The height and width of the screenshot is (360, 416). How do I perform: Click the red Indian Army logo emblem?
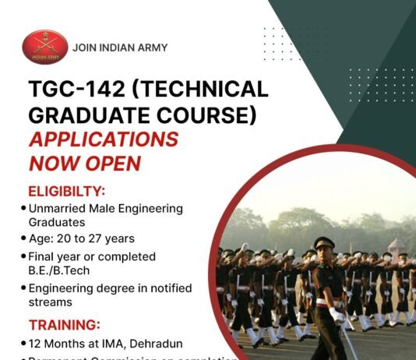45,48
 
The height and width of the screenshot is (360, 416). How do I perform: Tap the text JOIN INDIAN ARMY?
119,48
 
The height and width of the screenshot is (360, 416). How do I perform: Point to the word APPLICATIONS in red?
104,139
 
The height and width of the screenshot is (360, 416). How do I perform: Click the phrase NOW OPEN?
85,164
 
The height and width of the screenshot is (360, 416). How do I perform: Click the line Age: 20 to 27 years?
81,238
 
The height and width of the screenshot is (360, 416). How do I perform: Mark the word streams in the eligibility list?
50,302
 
